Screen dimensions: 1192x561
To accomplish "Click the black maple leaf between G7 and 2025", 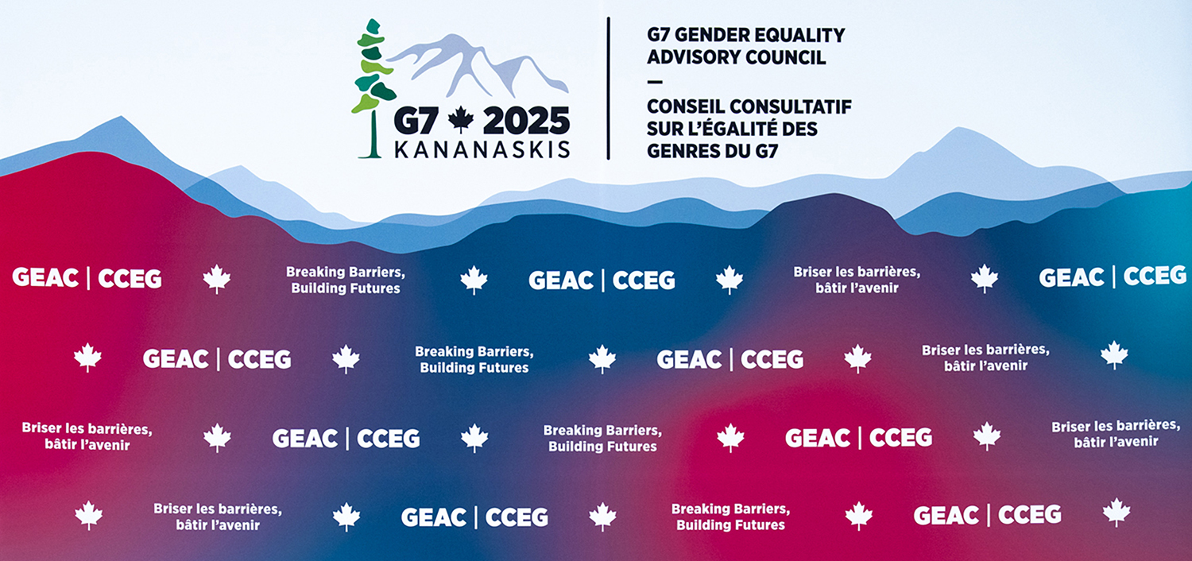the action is pos(461,119).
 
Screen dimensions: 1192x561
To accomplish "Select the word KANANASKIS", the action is pos(482,149).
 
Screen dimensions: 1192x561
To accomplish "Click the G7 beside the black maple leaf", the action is pos(416,121).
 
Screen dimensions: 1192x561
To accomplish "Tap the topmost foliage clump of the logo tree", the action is pos(373,26).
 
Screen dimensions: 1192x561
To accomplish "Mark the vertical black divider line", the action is pos(608,88).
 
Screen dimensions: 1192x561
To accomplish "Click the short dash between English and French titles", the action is pos(655,82).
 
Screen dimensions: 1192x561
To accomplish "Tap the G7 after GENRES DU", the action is pos(767,151).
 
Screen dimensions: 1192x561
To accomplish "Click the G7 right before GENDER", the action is pos(658,35).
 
